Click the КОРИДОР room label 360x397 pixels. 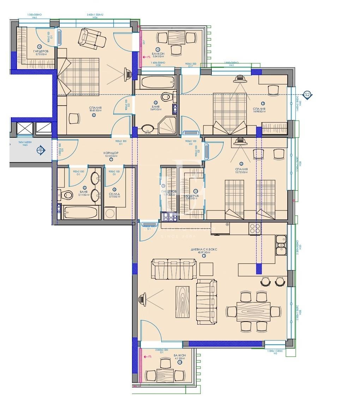point(111,153)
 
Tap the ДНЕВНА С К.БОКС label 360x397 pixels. point(204,249)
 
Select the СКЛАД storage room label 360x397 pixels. point(114,194)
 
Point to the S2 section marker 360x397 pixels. point(307,95)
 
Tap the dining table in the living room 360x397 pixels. point(253,311)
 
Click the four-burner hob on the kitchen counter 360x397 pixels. point(255,229)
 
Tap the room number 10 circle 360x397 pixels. point(40,46)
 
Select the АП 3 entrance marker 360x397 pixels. point(40,150)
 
